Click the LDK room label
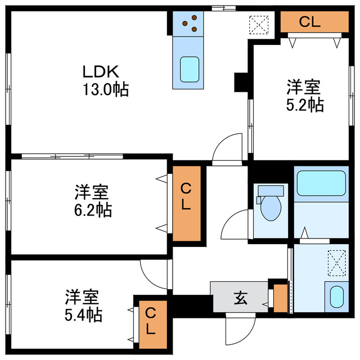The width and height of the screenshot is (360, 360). [x=101, y=71]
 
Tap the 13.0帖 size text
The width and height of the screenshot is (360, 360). [x=106, y=89]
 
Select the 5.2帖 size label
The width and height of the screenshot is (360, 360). [x=305, y=105]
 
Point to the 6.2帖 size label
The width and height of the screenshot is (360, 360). [x=93, y=210]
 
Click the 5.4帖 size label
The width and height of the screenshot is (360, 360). [x=83, y=315]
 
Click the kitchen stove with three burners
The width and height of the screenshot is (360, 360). [x=188, y=24]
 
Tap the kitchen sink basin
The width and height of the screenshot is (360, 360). [x=190, y=69]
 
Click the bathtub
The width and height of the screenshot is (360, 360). [x=321, y=183]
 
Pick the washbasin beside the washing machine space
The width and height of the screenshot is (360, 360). [x=337, y=296]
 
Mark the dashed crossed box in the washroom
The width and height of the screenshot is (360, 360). [x=337, y=263]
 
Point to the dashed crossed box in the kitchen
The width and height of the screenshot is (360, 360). [x=259, y=25]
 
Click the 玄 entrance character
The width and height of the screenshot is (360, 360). [x=241, y=298]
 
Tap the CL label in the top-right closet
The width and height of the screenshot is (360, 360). [x=309, y=22]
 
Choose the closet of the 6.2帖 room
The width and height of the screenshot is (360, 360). [x=187, y=204]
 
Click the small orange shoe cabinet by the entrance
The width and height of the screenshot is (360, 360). [x=281, y=298]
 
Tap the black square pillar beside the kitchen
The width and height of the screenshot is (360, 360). [x=241, y=82]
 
